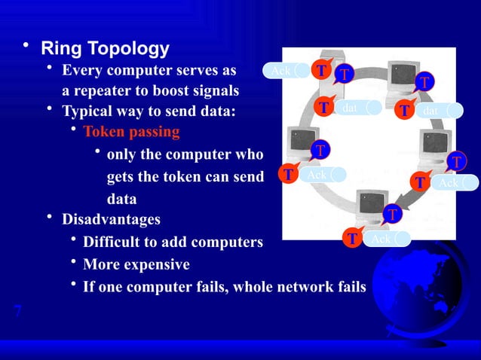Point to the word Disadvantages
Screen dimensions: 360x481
(111, 220)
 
